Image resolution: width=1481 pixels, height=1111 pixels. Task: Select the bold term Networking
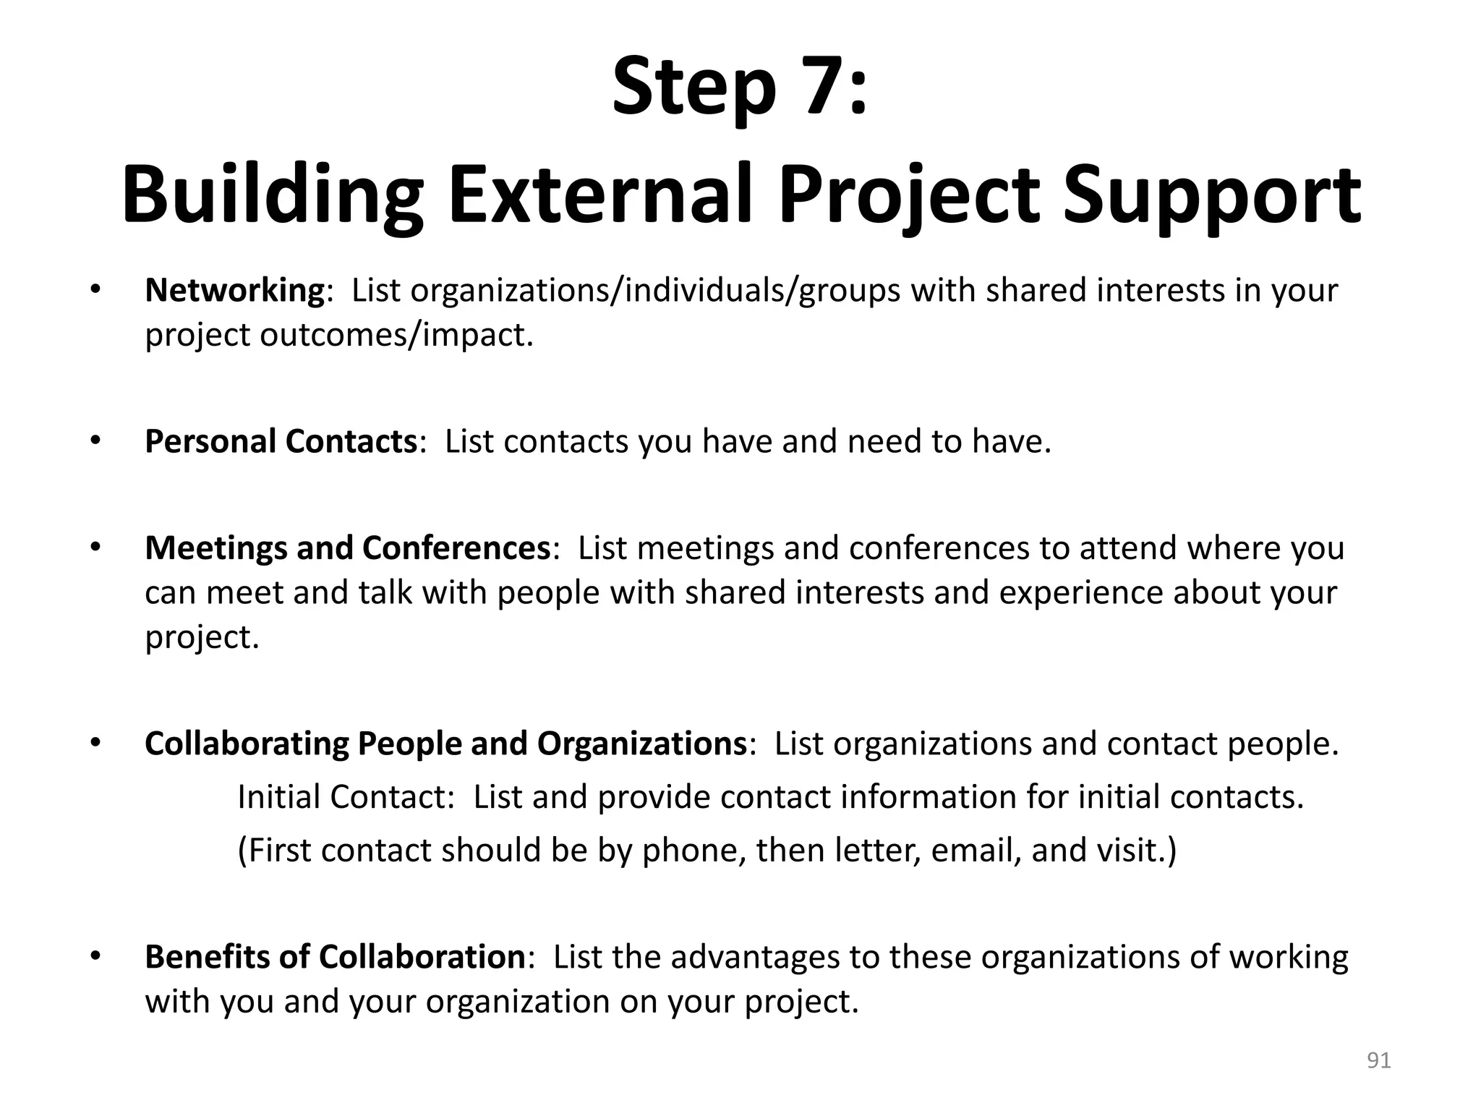(234, 291)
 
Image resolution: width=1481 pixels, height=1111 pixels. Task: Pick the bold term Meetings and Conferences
(348, 548)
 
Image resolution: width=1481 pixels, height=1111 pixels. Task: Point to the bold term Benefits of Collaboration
(334, 956)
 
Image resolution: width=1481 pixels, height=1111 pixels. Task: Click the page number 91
(1378, 1060)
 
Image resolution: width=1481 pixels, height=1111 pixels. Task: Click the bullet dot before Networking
(94, 289)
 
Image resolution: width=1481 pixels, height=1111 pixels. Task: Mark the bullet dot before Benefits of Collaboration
(94, 955)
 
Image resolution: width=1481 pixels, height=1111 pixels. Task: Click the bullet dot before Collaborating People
(94, 742)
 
